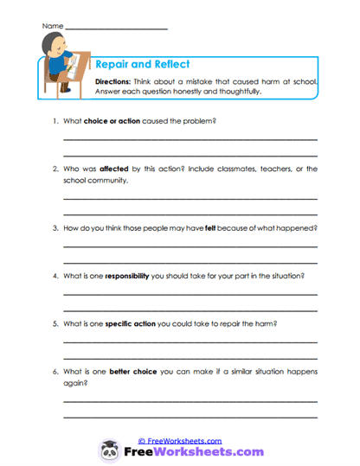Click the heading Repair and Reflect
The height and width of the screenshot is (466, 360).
coord(142,64)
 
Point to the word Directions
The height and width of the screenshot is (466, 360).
coord(116,80)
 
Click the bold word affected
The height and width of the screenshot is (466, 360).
coord(115,169)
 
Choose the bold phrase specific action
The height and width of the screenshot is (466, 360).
coord(135,323)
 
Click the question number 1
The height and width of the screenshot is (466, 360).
coord(55,121)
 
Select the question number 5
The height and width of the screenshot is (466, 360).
coord(55,323)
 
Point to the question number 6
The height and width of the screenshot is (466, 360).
coord(55,371)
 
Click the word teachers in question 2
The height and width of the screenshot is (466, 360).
coord(265,169)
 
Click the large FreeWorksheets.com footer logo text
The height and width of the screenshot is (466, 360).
coord(194,452)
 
